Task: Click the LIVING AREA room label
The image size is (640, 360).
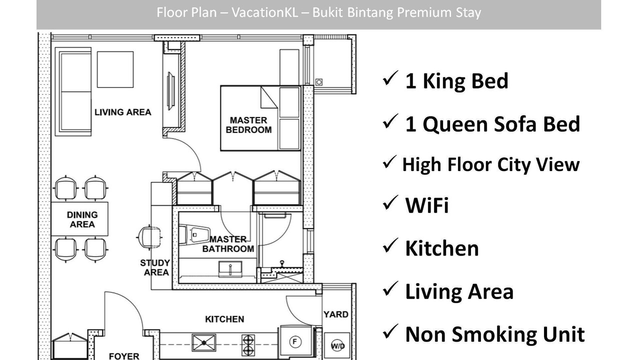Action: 123,112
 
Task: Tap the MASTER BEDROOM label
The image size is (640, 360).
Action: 248,125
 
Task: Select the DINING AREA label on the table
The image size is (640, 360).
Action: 82,219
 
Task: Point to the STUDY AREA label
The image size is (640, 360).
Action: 155,267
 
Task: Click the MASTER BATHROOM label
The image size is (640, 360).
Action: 228,244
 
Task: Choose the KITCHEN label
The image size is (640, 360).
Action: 224,319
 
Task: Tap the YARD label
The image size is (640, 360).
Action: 336,314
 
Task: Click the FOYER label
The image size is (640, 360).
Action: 124,356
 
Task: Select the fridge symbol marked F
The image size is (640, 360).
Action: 295,341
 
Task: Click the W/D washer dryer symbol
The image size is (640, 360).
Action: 337,346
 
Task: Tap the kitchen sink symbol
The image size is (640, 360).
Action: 203,342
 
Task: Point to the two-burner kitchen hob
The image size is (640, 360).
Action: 248,345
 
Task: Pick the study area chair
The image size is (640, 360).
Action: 149,237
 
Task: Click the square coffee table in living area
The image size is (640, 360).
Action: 115,69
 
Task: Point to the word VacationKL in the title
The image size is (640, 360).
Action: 264,12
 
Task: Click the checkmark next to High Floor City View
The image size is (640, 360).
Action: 389,162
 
